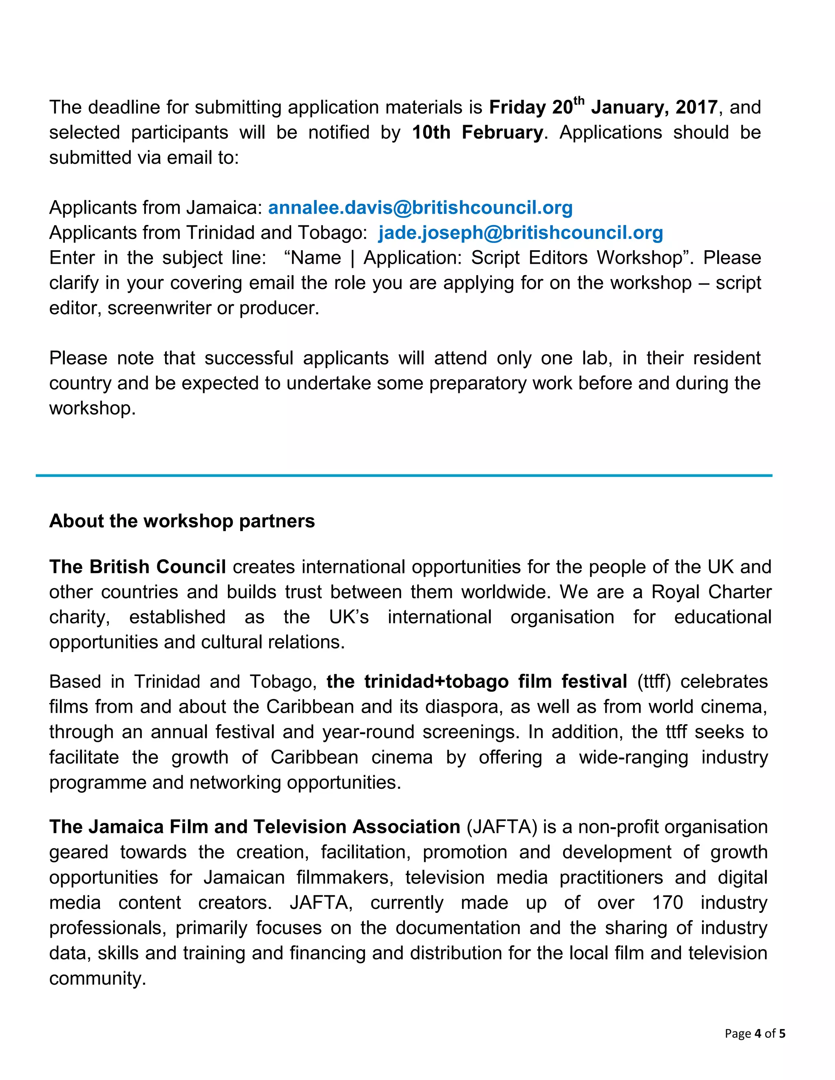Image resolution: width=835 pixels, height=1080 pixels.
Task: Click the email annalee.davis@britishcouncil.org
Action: point(420,208)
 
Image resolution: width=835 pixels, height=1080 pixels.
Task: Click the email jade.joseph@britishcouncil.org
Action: point(520,233)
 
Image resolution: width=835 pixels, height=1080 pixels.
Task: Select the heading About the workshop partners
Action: point(181,521)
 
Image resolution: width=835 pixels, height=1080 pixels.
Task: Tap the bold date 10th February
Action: point(477,132)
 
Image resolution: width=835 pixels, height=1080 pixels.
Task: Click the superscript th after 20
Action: point(579,101)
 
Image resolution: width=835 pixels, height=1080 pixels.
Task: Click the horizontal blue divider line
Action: point(404,476)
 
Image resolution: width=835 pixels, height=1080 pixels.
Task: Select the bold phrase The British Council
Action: point(137,567)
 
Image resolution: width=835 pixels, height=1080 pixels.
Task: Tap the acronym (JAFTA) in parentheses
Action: point(501,827)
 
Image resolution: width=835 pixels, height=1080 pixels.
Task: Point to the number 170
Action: point(667,902)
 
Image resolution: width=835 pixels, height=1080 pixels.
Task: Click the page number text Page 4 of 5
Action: point(755,1034)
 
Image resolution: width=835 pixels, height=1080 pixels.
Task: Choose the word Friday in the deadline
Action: point(517,107)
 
